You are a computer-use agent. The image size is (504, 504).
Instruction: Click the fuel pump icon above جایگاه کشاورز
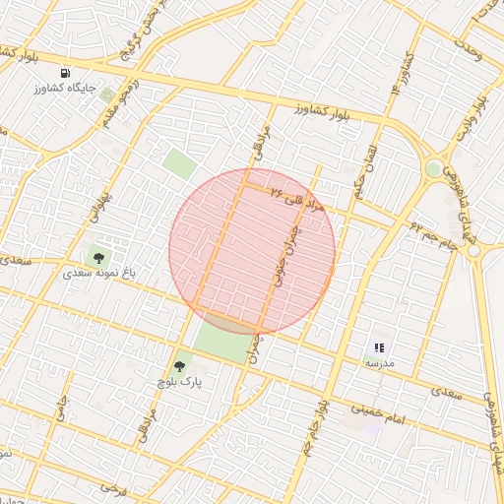point(65,73)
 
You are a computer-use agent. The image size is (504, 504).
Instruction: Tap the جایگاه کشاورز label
point(66,89)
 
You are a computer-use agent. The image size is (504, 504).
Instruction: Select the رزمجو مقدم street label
point(113,103)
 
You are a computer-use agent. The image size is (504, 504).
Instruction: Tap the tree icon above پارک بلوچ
point(178,365)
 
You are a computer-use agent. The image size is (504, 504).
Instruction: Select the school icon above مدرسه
point(380,347)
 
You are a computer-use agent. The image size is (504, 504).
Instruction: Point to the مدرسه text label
point(380,363)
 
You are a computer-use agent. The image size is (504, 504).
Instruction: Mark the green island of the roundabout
point(433,169)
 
